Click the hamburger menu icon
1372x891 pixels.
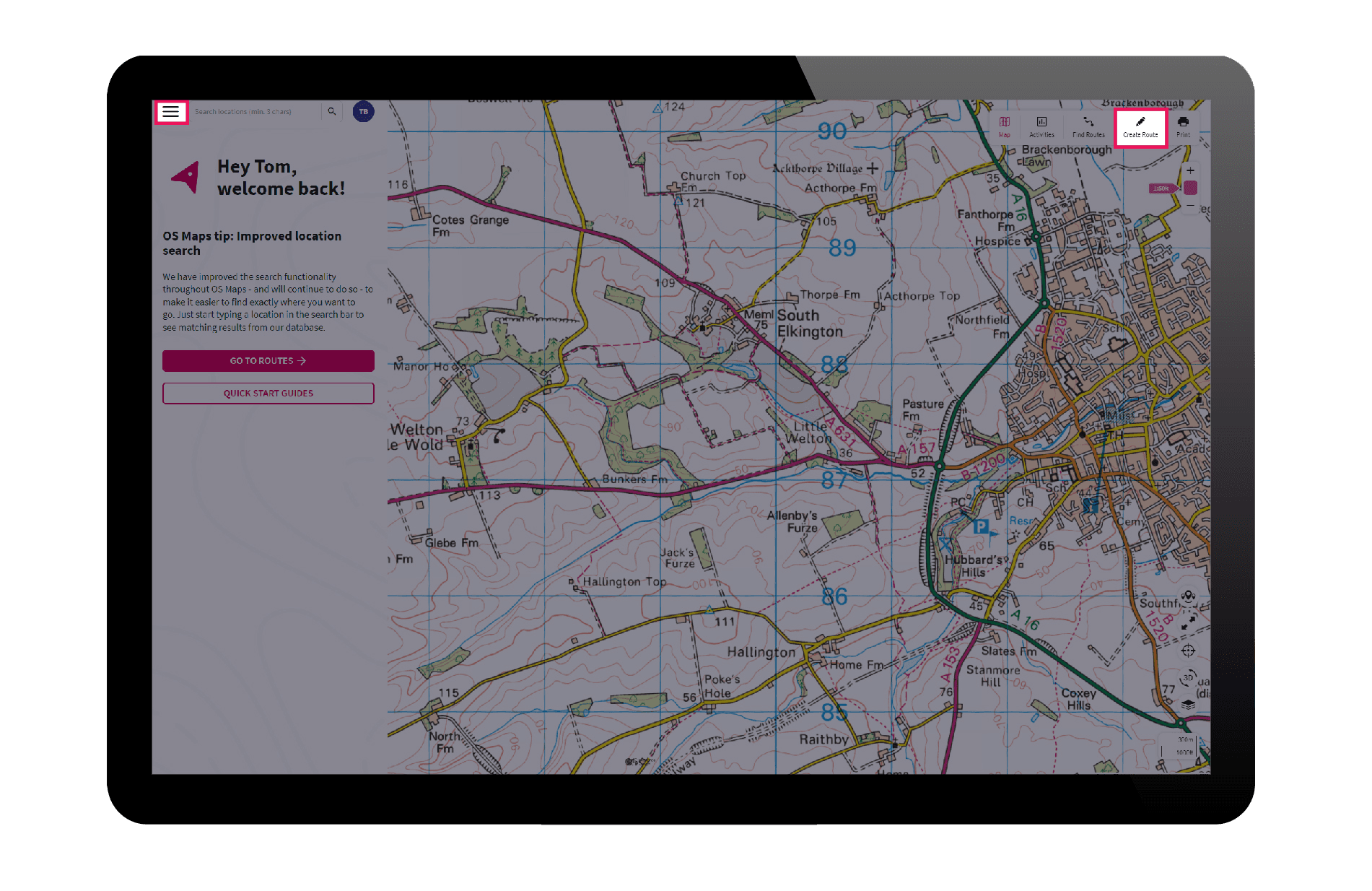(171, 112)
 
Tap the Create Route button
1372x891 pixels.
(1140, 127)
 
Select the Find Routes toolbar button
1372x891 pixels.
(1088, 126)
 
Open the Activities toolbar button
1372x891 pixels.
(1041, 126)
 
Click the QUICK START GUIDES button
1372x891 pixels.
(268, 394)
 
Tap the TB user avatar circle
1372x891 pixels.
(364, 112)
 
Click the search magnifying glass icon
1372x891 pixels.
(332, 112)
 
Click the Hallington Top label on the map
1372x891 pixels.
(624, 582)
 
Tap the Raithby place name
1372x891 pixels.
(823, 739)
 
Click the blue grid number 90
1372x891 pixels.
(831, 131)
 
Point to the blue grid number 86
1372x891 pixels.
(834, 596)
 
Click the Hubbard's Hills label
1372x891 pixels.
(974, 565)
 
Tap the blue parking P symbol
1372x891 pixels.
(980, 527)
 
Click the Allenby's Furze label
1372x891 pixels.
(792, 521)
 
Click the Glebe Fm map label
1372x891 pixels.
(451, 543)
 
